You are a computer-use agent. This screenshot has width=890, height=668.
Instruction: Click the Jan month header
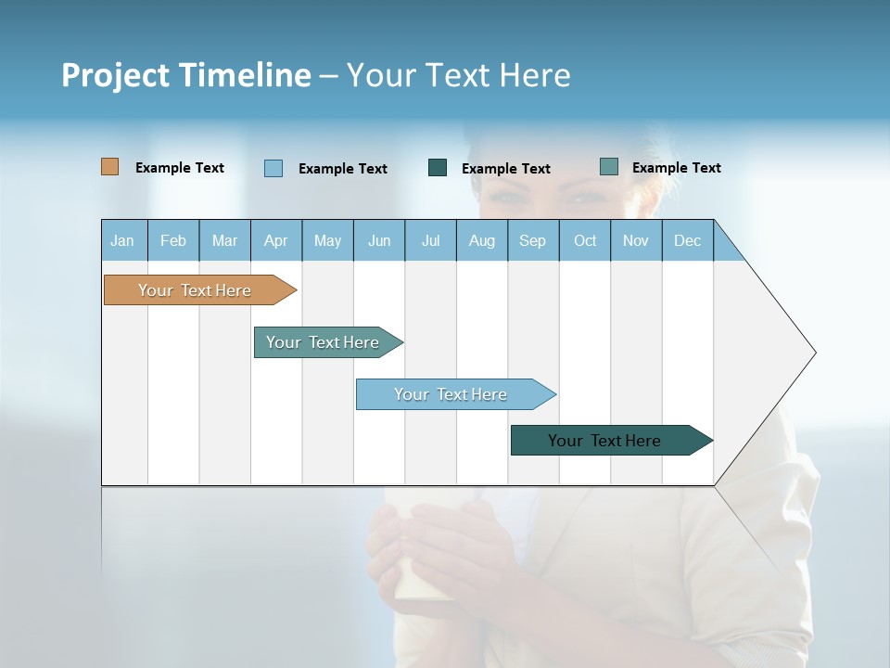(x=122, y=240)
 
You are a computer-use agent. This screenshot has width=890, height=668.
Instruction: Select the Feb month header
(x=173, y=240)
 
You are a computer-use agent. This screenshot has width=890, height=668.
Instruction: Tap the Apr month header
(x=275, y=240)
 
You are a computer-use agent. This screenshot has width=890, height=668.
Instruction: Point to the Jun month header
(x=379, y=240)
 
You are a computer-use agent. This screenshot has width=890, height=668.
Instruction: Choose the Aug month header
(x=482, y=240)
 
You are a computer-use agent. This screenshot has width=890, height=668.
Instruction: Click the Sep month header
(x=532, y=240)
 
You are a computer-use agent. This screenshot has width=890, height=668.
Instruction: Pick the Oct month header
(x=585, y=240)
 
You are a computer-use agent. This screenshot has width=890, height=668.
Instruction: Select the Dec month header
(x=687, y=240)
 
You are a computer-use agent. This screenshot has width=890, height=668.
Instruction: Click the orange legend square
(x=110, y=167)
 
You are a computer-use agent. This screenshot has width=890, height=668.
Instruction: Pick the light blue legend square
(x=273, y=168)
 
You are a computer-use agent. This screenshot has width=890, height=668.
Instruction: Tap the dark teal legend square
(x=438, y=167)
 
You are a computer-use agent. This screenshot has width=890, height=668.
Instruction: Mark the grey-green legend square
(x=609, y=167)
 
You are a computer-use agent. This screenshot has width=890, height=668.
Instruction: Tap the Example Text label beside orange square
(x=180, y=168)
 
